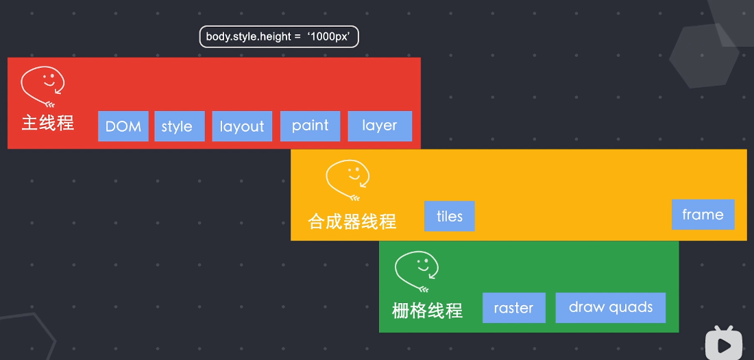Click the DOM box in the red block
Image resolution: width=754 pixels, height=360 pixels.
pos(123,126)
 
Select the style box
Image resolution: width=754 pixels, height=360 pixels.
pos(179,126)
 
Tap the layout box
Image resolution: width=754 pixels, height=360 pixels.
pos(242,126)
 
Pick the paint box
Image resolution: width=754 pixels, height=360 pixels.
pos(310,126)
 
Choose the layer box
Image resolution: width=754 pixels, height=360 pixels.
pos(380,125)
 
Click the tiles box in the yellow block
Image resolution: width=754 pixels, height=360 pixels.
pos(450,216)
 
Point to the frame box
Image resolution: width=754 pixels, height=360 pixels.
pos(703,215)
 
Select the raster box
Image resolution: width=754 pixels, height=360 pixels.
pos(513,307)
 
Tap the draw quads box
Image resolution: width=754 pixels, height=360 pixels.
pos(610,307)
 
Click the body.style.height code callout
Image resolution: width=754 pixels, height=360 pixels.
pos(279,37)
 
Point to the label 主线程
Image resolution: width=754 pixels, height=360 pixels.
pos(47,123)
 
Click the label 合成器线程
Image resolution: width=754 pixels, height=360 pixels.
pos(352,221)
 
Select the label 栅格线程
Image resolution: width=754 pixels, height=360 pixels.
pos(427,311)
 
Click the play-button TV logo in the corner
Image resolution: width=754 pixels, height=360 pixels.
pos(724,343)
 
